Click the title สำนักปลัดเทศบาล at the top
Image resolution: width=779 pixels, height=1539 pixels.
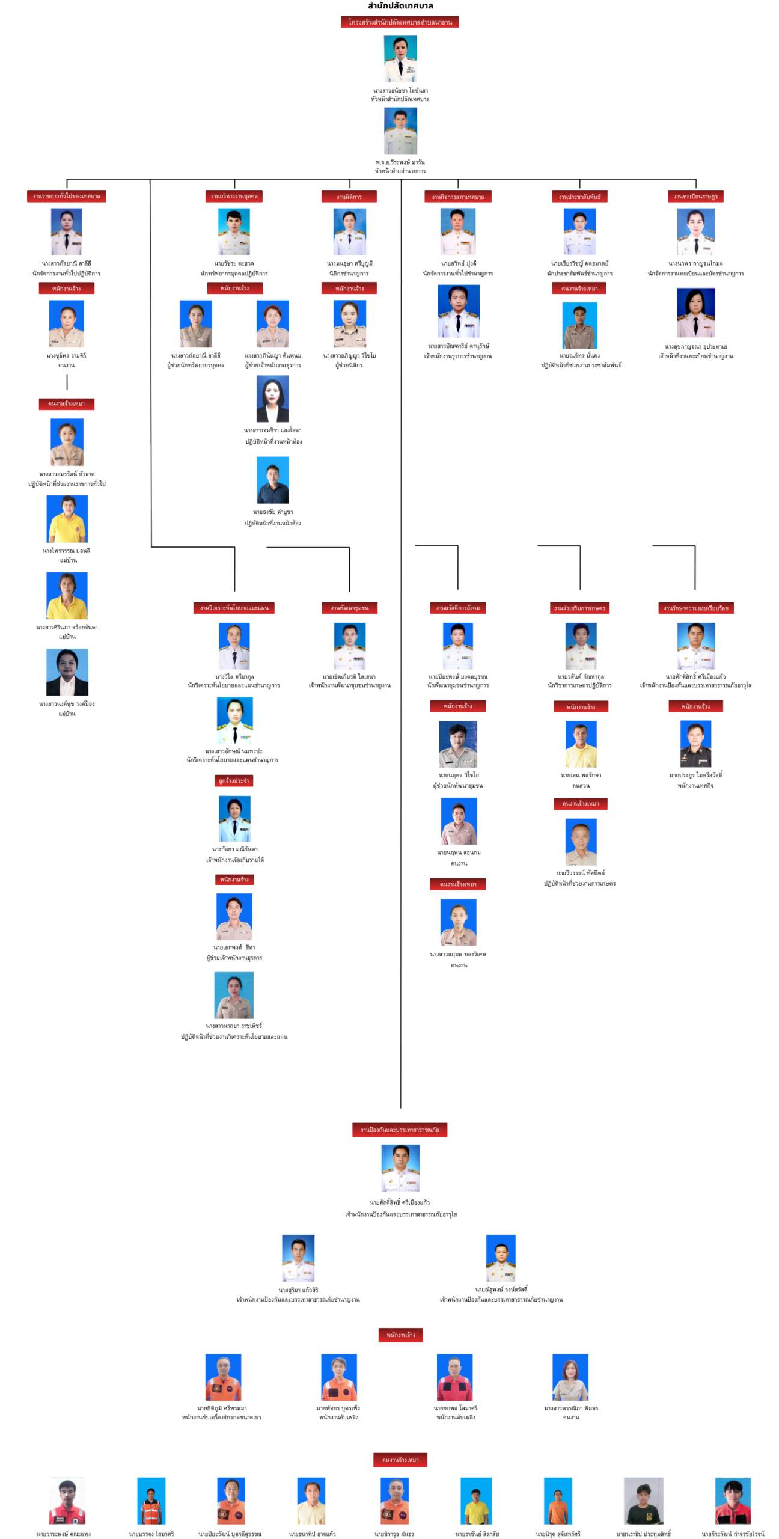pos(400,6)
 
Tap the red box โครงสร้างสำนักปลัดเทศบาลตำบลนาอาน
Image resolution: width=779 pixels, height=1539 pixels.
pos(400,22)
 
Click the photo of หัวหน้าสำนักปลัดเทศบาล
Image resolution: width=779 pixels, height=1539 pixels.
pos(400,58)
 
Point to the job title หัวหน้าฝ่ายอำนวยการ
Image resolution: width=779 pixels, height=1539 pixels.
pos(400,171)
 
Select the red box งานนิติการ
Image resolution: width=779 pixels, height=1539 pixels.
pos(349,197)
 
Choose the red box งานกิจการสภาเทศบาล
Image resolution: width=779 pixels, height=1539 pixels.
pos(457,197)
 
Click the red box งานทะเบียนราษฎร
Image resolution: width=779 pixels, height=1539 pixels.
pos(695,197)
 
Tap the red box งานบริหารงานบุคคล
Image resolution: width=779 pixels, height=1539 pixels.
pos(234,196)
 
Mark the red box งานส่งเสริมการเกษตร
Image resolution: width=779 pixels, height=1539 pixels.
pos(579,608)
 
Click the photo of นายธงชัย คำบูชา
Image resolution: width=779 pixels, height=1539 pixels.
pos(272,479)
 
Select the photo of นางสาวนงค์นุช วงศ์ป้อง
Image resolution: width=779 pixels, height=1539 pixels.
pos(67,672)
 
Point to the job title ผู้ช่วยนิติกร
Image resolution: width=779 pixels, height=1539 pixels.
pos(349,365)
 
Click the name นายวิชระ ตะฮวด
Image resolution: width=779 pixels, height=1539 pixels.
pos(234,263)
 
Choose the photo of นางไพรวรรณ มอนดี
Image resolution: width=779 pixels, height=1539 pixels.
pos(67,518)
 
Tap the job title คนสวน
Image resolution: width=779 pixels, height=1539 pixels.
pos(580,785)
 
